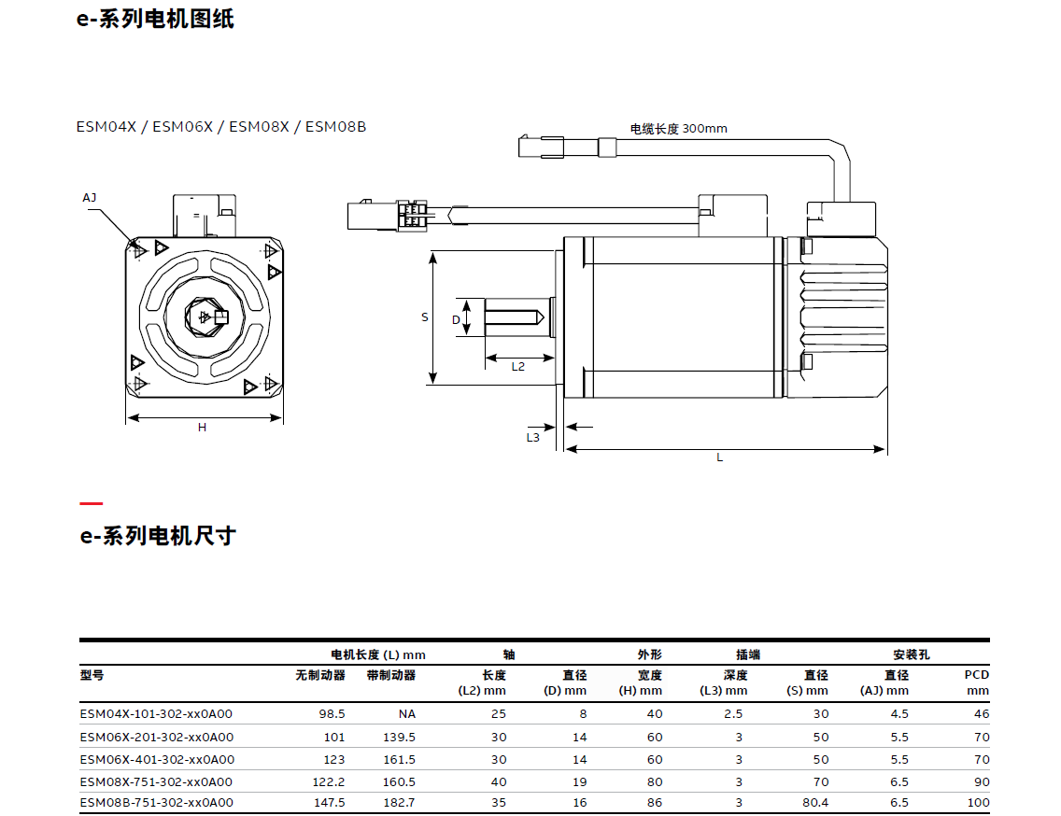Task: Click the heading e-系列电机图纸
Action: point(155,19)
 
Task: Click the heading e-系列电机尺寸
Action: point(157,536)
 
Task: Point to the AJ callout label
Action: point(90,198)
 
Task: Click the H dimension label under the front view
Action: point(202,428)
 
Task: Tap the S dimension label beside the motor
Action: point(424,317)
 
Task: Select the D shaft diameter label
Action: point(456,319)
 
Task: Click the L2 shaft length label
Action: point(518,367)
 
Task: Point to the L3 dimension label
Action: point(532,437)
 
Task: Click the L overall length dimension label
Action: point(719,457)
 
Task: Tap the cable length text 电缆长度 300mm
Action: point(678,129)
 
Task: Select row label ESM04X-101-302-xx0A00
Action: point(156,714)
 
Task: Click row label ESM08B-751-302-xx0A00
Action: point(156,802)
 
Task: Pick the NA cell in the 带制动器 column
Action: point(406,714)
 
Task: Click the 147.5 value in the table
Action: point(331,802)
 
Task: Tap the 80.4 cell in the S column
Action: point(814,802)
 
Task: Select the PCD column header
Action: point(976,682)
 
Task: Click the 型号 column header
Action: point(92,675)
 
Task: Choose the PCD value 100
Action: point(978,802)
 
